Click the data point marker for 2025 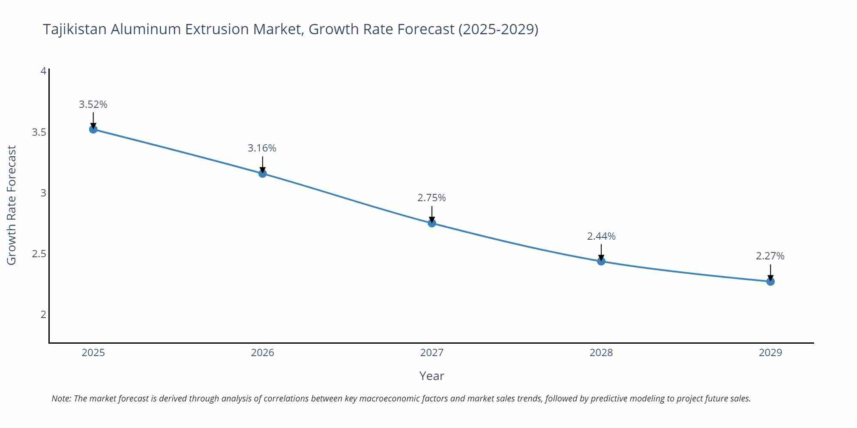point(93,129)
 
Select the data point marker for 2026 point(262,173)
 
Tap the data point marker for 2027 point(431,223)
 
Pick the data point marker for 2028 point(601,261)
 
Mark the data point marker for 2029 point(770,282)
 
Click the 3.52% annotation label point(93,104)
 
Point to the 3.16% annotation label point(262,148)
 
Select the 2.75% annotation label point(431,198)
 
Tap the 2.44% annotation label point(601,236)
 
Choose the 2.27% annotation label point(770,256)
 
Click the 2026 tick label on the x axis point(262,353)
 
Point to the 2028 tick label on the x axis point(601,353)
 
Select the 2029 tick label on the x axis point(770,353)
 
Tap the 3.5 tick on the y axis point(39,132)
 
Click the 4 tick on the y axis point(43,71)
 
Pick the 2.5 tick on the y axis point(39,254)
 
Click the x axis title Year point(431,376)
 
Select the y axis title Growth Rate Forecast point(12,205)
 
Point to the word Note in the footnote point(60,398)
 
